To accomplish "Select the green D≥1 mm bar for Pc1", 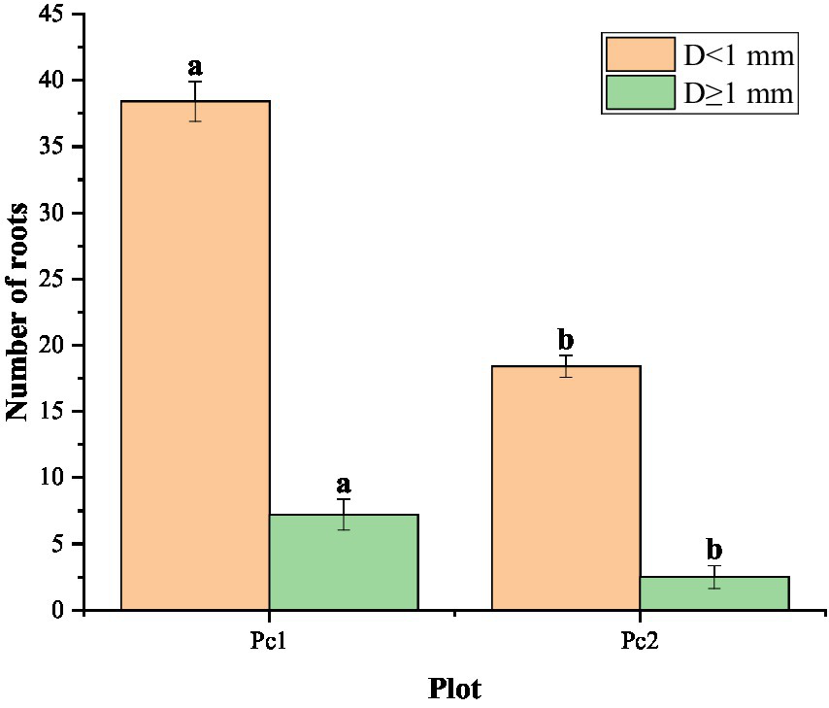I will click(x=344, y=562).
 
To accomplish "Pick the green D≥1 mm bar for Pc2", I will click(x=714, y=593).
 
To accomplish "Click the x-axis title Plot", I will click(x=454, y=688).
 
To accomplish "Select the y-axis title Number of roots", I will click(x=18, y=311).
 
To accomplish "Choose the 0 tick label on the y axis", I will click(x=59, y=610).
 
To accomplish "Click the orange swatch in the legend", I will click(x=640, y=55).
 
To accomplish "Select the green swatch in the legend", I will click(x=640, y=93).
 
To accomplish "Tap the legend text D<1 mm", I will click(x=739, y=55).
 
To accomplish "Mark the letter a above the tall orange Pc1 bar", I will click(x=195, y=67).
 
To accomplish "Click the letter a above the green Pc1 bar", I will click(x=344, y=485).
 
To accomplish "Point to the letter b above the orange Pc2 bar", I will click(x=566, y=340).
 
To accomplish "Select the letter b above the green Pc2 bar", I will click(x=714, y=550).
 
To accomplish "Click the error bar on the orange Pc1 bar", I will click(x=195, y=101).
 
